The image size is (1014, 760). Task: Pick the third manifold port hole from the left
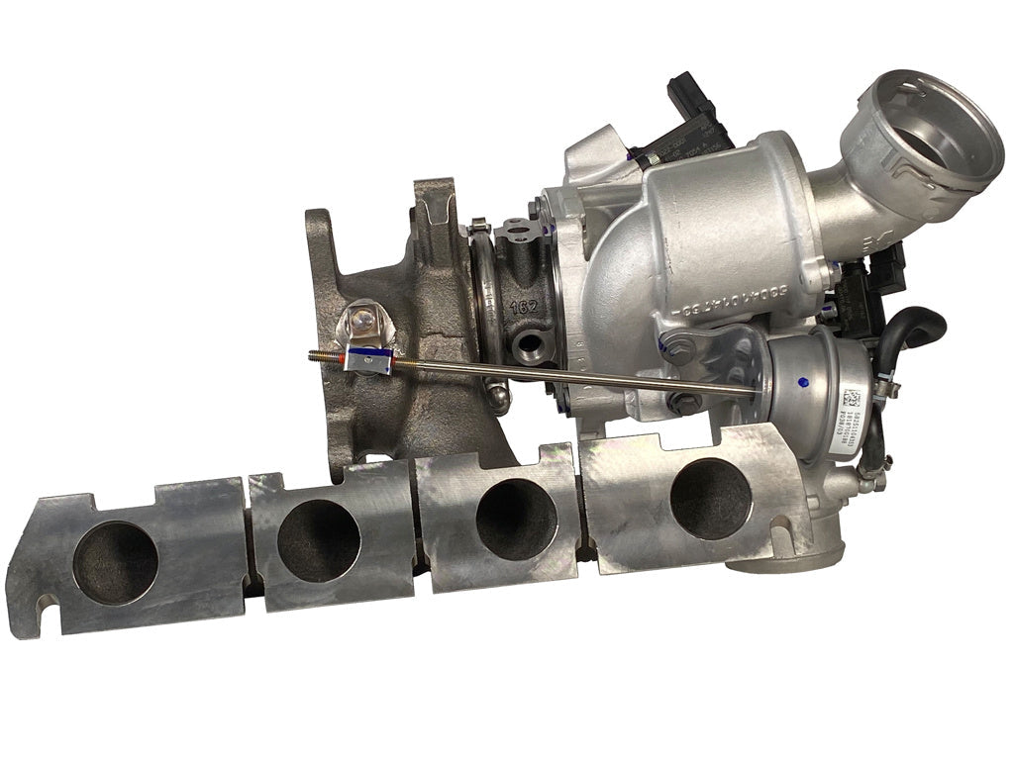(x=515, y=519)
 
